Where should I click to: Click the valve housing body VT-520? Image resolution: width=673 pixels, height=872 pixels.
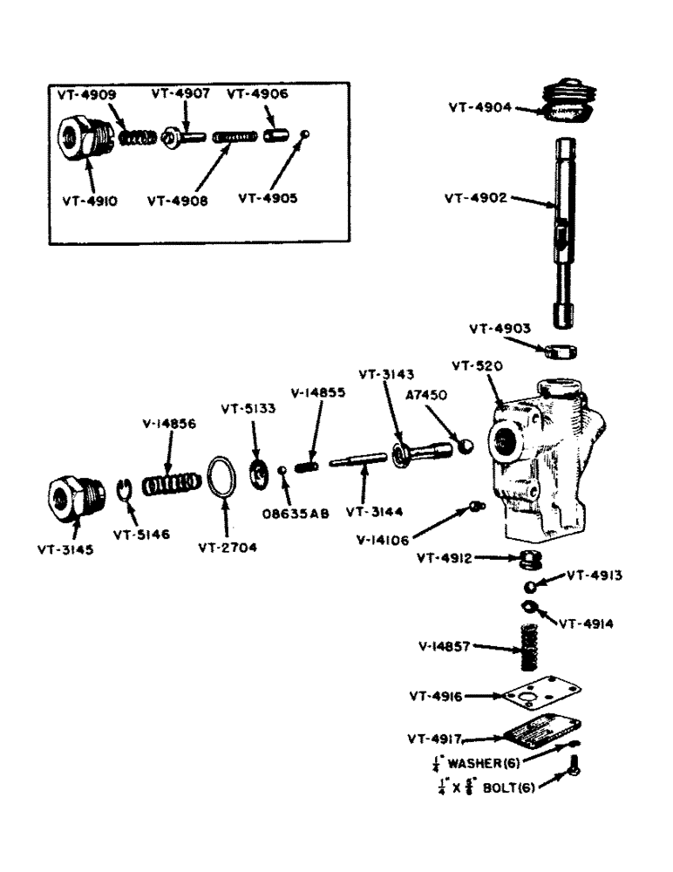(544, 462)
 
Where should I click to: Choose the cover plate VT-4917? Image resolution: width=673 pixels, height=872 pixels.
(534, 734)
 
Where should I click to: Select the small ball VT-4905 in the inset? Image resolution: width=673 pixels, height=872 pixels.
(303, 134)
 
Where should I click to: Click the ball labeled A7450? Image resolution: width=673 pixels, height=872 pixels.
(467, 445)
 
